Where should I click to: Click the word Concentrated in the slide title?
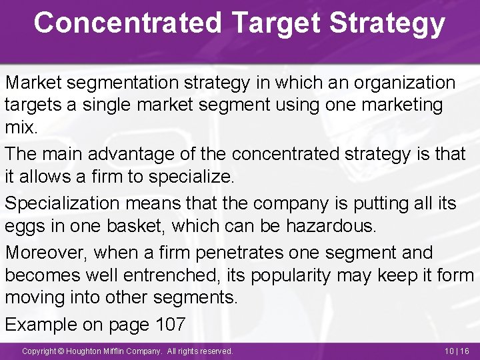tap(127, 22)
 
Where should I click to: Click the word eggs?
tap(24, 226)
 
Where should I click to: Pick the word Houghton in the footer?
tap(89, 351)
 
